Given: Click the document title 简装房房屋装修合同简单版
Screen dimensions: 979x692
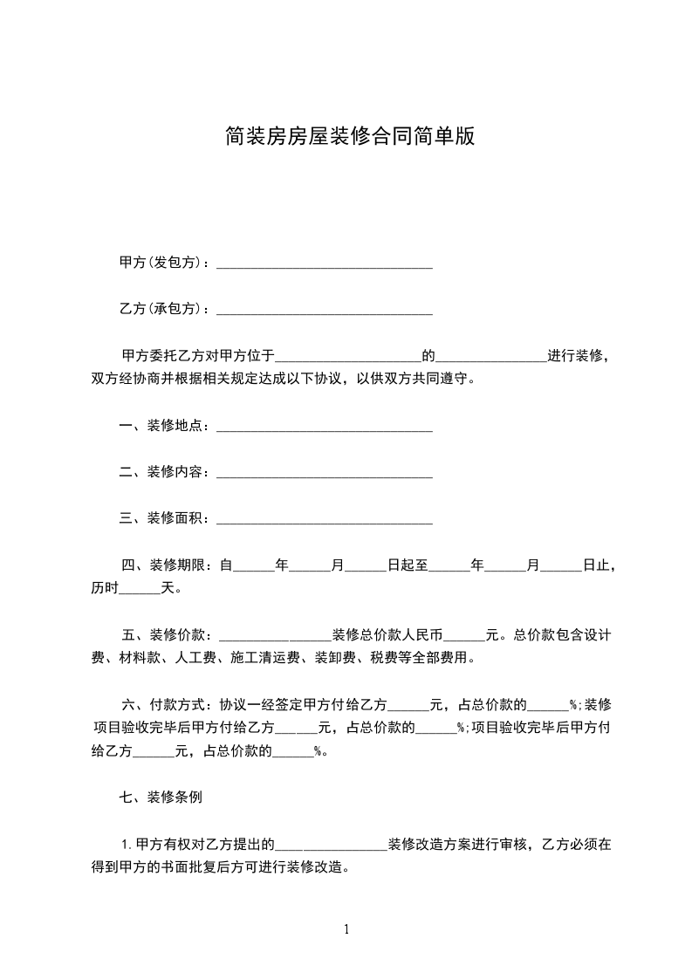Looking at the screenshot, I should [x=349, y=136].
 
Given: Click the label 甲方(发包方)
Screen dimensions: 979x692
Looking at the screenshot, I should [x=161, y=263].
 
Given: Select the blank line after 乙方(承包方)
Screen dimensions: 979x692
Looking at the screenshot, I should [x=324, y=310].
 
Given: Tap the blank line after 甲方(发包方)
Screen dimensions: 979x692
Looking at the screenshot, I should [x=324, y=264].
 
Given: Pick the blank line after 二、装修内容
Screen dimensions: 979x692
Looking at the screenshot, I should [x=324, y=474].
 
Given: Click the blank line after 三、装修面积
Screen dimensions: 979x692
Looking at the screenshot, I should [x=324, y=520].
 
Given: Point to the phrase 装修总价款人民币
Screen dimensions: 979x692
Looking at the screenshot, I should [x=388, y=634].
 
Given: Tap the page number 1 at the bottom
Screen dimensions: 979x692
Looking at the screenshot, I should [x=346, y=929].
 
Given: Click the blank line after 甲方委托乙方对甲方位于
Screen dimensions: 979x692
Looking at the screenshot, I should [x=348, y=357].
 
